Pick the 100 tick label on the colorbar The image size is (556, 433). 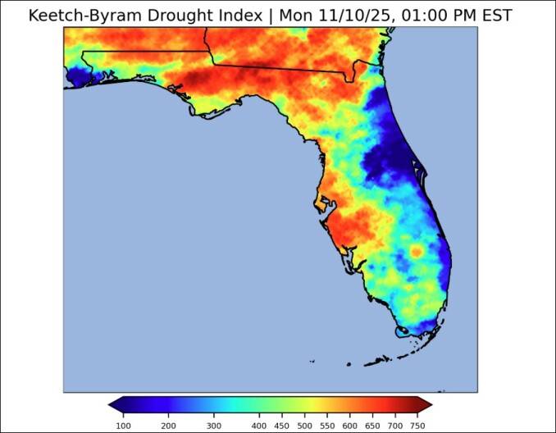click(123, 426)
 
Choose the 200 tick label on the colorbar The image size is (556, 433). click(168, 426)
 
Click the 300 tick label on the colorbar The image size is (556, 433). click(214, 426)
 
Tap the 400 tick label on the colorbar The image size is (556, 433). click(259, 426)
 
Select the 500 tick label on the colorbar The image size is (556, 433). click(304, 426)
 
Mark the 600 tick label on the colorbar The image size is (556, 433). click(350, 426)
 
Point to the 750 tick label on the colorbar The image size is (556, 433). click(418, 426)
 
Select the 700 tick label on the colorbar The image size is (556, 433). click(395, 426)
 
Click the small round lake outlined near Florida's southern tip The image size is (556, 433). click(402, 333)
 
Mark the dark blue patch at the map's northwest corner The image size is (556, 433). click(80, 77)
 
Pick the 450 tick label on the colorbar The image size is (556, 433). click(282, 426)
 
